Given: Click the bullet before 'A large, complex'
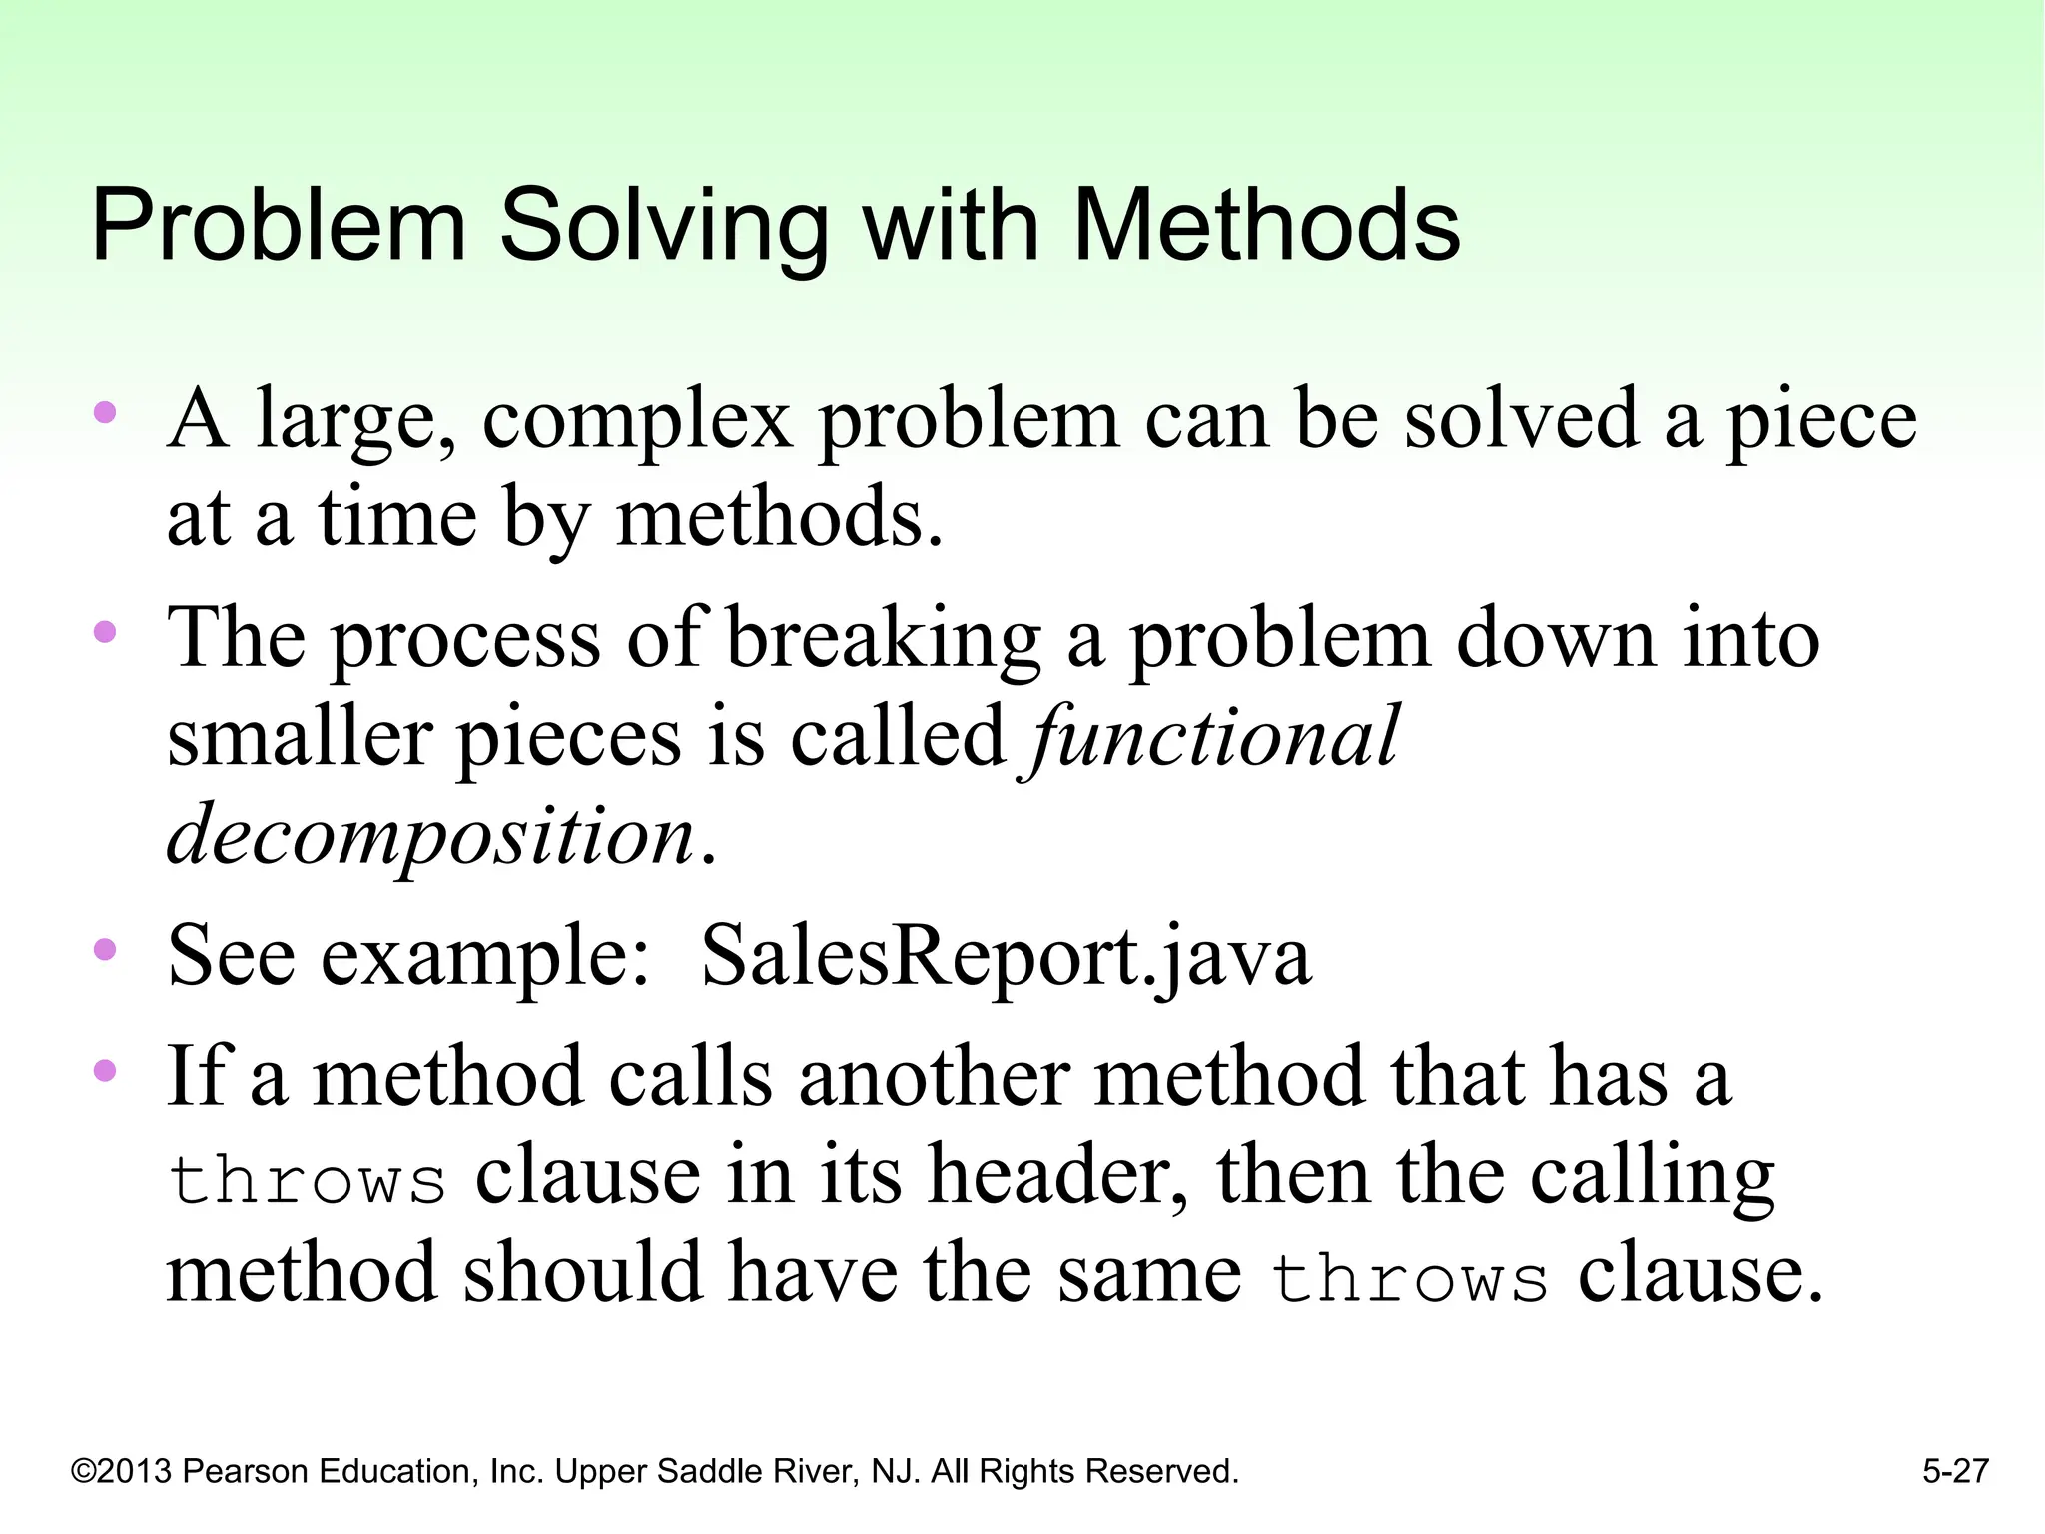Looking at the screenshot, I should pyautogui.click(x=105, y=413).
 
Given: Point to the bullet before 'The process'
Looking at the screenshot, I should pyautogui.click(x=105, y=632).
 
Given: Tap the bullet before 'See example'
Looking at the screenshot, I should pyautogui.click(x=105, y=949).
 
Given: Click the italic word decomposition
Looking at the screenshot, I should pyautogui.click(x=430, y=834).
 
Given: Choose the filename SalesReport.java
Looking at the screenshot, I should pyautogui.click(x=1006, y=955).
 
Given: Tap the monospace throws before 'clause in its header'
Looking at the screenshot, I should pyautogui.click(x=307, y=1179).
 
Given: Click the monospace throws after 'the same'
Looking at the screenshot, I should pyautogui.click(x=1409, y=1278).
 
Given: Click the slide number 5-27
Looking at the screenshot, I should pyautogui.click(x=1955, y=1471).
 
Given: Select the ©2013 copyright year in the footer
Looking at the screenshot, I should pyautogui.click(x=122, y=1471).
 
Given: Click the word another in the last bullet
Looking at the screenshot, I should pyautogui.click(x=934, y=1078).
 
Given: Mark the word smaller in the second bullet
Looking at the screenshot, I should pyautogui.click(x=299, y=737).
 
